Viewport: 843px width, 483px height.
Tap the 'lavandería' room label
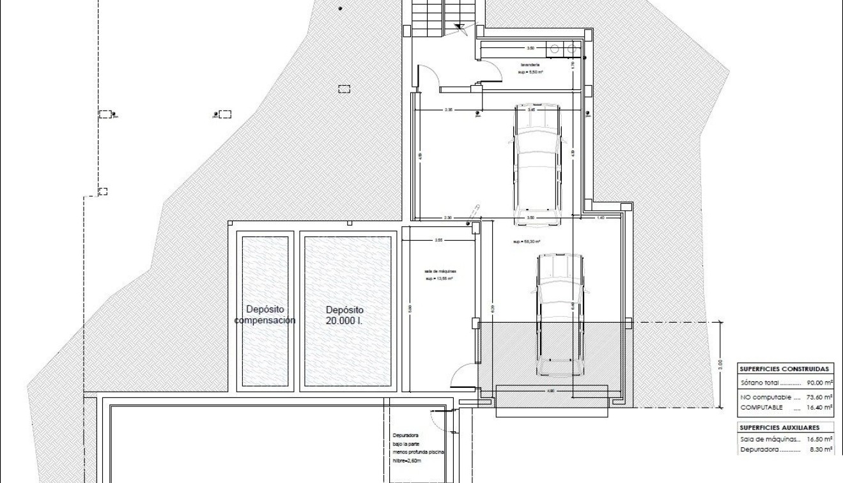pos(530,65)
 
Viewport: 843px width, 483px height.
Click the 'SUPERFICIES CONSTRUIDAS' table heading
pos(785,369)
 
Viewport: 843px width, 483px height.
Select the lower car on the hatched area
pos(560,314)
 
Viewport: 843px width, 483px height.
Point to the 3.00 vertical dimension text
pos(720,365)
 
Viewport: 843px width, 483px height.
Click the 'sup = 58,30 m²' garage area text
pos(527,242)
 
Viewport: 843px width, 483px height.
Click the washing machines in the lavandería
pos(564,48)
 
